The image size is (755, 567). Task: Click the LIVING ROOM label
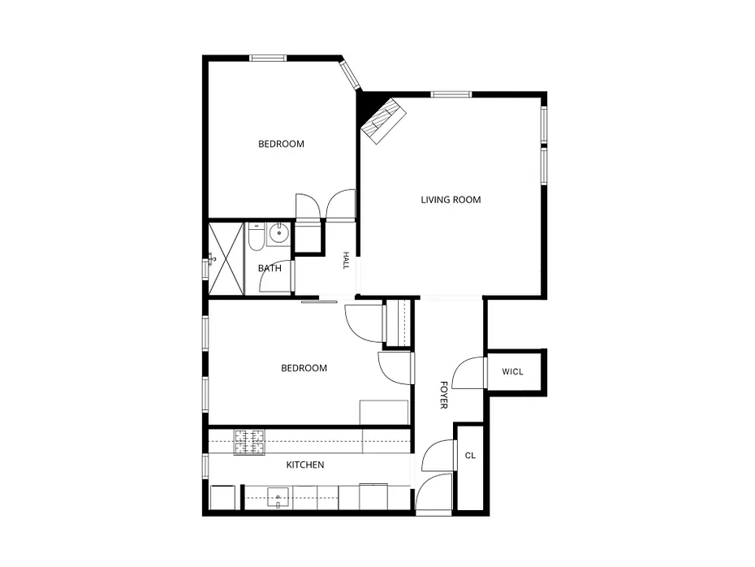tap(451, 200)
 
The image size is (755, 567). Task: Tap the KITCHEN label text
tap(305, 465)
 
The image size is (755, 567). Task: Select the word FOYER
tap(444, 395)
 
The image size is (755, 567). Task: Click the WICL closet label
tap(512, 372)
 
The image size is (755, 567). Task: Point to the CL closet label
tap(470, 455)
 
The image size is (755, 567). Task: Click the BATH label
tap(270, 268)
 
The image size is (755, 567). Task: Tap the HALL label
tap(346, 260)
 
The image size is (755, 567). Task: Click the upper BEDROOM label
tap(281, 144)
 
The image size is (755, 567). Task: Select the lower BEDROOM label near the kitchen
tap(304, 368)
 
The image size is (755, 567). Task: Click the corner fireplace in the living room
tap(384, 121)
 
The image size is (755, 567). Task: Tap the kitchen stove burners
tap(249, 442)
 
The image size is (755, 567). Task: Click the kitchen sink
tap(278, 498)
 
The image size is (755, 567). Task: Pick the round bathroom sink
tap(278, 234)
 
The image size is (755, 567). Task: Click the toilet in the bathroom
tap(257, 236)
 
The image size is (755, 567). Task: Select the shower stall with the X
tap(226, 258)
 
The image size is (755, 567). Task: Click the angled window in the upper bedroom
tap(350, 74)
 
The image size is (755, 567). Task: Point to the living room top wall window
tap(451, 94)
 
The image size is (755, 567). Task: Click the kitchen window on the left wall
tap(205, 466)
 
